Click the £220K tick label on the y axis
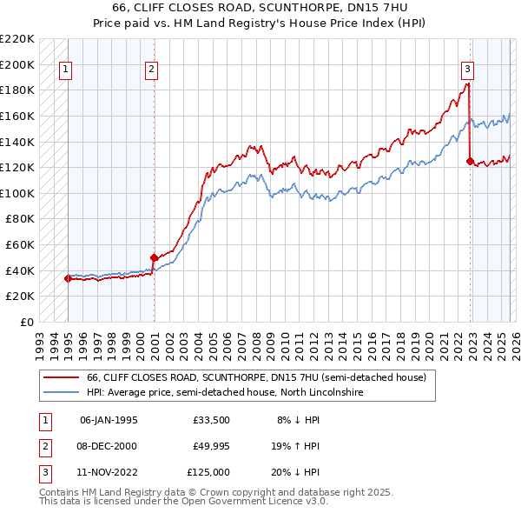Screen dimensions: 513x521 (x=17, y=39)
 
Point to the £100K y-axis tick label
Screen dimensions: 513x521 (x=17, y=193)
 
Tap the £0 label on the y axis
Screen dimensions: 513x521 (x=26, y=322)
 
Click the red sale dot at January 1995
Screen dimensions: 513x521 (x=68, y=279)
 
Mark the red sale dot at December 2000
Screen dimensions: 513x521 (x=154, y=257)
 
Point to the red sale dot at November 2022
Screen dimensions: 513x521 (x=470, y=161)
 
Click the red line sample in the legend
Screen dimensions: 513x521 (x=61, y=378)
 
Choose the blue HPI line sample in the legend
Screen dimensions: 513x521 (x=61, y=393)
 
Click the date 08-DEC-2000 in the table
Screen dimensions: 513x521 (x=108, y=446)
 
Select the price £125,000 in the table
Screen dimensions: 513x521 (x=208, y=472)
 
